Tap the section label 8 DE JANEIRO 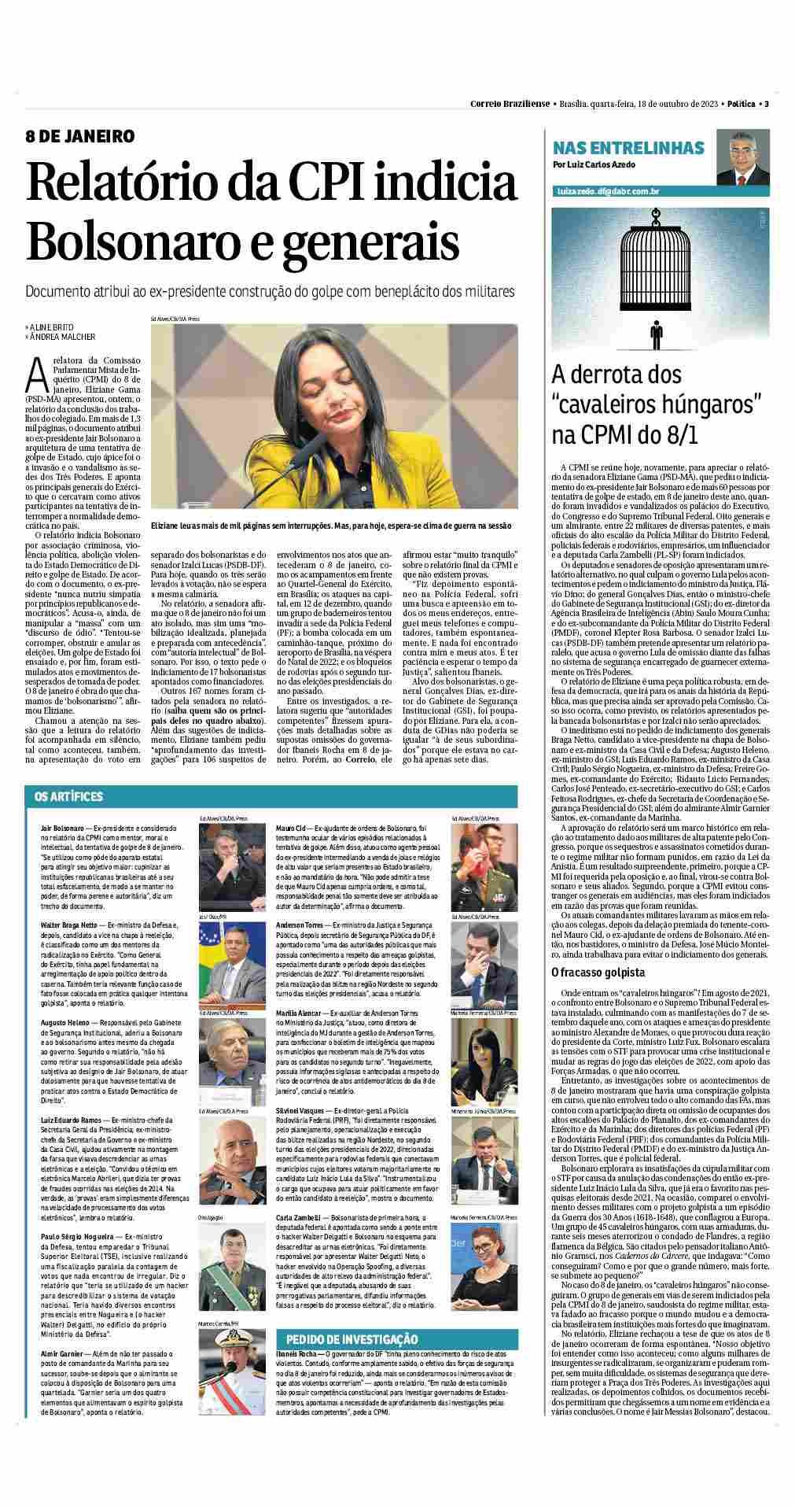pos(79,136)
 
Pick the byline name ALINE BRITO pos(54,326)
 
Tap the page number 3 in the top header pos(766,104)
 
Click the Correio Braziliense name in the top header pos(510,104)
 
